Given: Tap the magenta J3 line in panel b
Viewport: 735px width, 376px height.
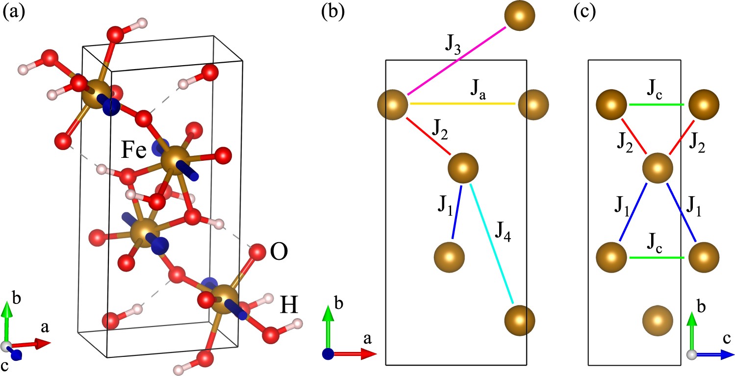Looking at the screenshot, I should (456, 60).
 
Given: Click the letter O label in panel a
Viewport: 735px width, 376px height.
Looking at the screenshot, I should (278, 252).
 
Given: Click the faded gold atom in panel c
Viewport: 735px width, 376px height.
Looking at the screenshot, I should (658, 321).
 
